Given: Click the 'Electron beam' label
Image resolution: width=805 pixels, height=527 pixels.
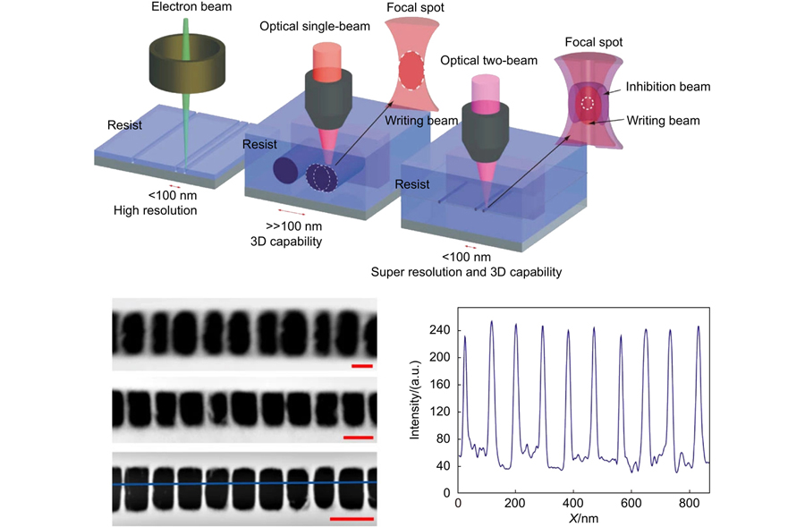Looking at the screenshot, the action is [x=191, y=6].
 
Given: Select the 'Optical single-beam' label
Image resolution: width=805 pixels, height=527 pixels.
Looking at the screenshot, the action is [x=315, y=27].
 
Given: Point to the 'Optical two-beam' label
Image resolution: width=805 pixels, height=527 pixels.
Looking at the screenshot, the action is [x=488, y=61].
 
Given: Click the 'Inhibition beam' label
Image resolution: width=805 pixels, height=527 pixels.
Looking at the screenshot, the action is [x=668, y=87].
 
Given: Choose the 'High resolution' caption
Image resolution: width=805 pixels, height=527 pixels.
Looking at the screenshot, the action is [x=155, y=210].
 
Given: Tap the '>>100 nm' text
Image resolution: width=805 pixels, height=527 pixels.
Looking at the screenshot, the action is [x=293, y=226].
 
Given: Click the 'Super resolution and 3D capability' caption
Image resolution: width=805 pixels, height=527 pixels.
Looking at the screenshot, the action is [x=466, y=272].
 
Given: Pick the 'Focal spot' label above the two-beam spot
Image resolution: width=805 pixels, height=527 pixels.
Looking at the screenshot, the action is [x=594, y=42].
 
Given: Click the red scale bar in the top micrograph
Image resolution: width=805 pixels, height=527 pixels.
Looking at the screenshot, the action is [x=362, y=366].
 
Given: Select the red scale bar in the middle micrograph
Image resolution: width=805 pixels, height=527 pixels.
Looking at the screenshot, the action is [x=358, y=438].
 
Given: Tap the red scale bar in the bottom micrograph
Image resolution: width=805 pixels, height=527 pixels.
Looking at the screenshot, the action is [x=352, y=519].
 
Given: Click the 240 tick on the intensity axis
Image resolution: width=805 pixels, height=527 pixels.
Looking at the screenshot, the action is [x=439, y=330].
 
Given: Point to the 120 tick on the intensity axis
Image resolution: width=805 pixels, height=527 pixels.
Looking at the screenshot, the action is [x=439, y=412].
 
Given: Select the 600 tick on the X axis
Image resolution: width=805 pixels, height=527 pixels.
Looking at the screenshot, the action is [x=631, y=504].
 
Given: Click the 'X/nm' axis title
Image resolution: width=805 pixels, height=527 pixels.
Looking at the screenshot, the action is [x=583, y=518].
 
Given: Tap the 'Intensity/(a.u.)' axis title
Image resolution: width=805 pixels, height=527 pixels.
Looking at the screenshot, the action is [x=415, y=400].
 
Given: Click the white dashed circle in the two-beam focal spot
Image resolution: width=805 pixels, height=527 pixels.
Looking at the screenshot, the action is [x=588, y=103].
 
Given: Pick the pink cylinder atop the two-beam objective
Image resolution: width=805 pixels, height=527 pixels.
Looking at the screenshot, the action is [x=485, y=94].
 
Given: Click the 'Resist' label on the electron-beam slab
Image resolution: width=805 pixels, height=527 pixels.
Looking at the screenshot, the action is [x=124, y=125].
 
